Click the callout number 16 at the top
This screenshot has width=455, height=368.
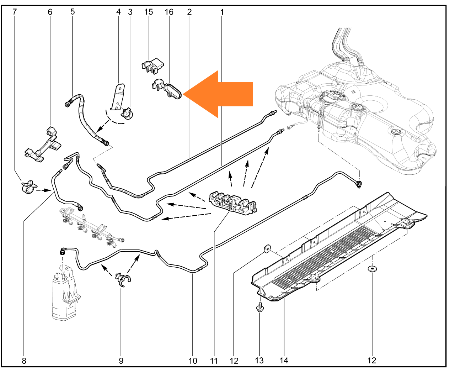(x=169, y=12)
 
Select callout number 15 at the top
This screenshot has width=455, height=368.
(x=149, y=12)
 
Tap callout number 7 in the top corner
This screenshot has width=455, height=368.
(x=15, y=12)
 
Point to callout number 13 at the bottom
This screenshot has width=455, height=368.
(x=259, y=361)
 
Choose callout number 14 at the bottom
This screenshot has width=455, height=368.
(x=284, y=361)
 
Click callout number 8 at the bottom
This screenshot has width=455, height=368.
(x=24, y=361)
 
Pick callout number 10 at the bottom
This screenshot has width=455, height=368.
(x=193, y=361)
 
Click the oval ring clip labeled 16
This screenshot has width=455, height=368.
(x=170, y=90)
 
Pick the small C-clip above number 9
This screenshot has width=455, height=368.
(x=123, y=279)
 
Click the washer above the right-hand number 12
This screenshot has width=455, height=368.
(x=372, y=269)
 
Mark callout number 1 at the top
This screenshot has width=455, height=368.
(x=222, y=12)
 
